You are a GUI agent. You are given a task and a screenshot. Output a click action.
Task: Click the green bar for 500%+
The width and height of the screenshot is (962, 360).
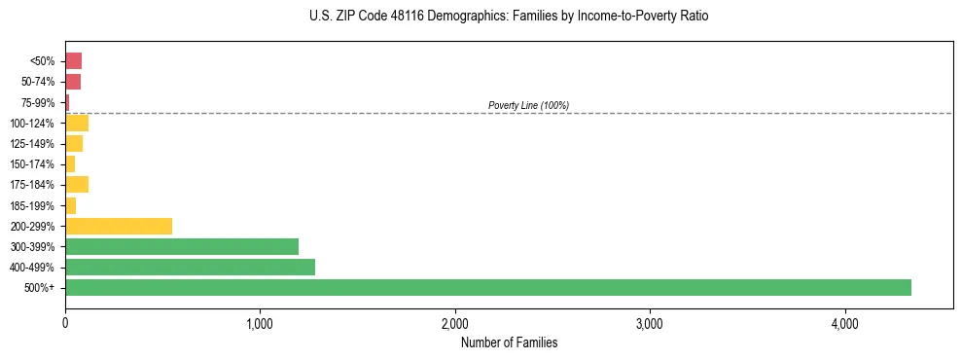487,287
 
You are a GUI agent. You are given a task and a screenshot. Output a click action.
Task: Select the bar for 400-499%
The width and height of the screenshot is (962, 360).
190,267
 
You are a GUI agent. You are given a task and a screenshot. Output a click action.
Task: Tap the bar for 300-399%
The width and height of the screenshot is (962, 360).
182,246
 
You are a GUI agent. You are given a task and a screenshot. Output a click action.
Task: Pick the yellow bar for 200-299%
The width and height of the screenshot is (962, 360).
119,226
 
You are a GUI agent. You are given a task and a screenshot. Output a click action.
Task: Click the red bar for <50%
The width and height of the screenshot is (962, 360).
74,61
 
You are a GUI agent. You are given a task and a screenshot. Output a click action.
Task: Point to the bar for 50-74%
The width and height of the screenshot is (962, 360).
73,82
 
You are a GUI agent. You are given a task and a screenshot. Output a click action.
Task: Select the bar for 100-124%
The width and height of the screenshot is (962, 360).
77,123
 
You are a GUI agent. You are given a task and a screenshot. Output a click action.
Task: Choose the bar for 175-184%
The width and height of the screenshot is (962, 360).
77,184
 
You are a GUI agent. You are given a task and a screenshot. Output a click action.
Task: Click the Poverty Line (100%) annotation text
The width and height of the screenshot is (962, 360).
528,105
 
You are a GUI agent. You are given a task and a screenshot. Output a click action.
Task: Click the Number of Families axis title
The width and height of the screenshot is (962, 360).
509,342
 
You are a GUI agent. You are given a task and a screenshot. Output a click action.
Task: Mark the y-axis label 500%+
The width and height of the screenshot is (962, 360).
42,288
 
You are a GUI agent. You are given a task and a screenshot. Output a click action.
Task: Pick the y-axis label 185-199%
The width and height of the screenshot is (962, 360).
34,205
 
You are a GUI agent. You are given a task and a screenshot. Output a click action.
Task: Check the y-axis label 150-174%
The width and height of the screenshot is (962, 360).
34,164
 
